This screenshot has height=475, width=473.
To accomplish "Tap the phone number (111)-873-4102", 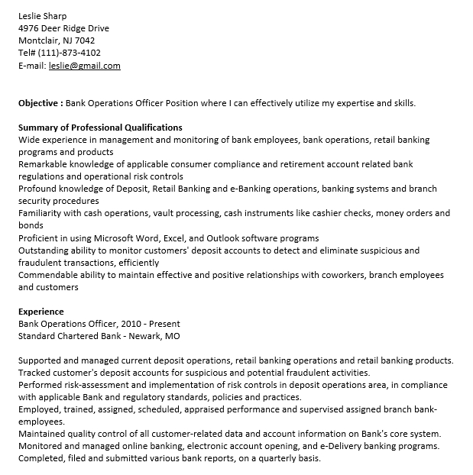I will pos(70,53).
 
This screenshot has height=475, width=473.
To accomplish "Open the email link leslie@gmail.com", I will pos(84,66).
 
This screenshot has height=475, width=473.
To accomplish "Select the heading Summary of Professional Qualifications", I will pos(100,128).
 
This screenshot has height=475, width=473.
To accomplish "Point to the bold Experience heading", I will pos(41,312).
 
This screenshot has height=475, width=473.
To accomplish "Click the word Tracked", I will pos(34,373).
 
